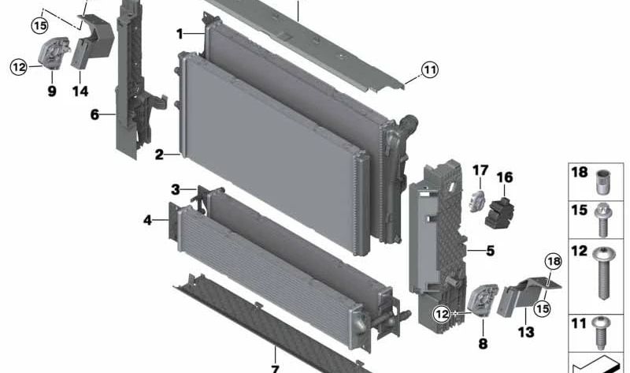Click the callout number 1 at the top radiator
(180, 34)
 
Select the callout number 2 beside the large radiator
(159, 155)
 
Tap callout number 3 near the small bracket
(176, 189)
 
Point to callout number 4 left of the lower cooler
(147, 220)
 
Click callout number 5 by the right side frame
(490, 252)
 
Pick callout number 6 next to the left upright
(94, 114)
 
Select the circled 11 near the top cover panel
(428, 70)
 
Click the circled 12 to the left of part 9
(19, 67)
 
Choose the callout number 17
(480, 170)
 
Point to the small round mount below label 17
(477, 200)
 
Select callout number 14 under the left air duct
(80, 91)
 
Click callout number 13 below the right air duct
(525, 332)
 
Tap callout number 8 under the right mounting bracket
(483, 344)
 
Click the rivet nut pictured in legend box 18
(604, 183)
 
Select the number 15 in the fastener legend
(580, 211)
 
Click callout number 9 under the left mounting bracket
(51, 91)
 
